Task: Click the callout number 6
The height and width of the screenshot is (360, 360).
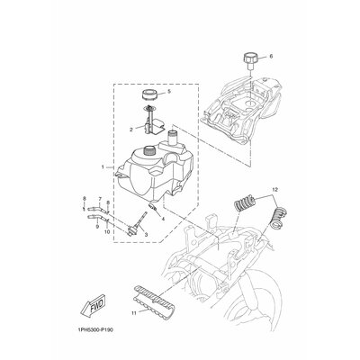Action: (x=272, y=57)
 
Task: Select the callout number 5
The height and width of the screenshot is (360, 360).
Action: (x=169, y=91)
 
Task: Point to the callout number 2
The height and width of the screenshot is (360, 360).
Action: (x=131, y=130)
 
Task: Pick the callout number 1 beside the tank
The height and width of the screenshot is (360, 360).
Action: (x=103, y=166)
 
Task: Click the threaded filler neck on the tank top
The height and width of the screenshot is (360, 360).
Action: (x=149, y=150)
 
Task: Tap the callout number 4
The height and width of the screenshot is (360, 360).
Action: (x=163, y=219)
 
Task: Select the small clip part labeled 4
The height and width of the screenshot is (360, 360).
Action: (x=153, y=207)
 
